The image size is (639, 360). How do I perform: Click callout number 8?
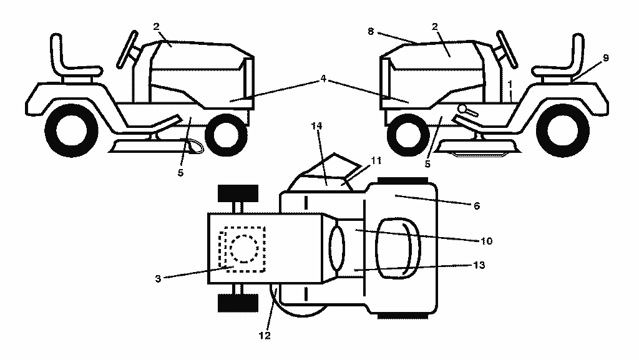click(371, 31)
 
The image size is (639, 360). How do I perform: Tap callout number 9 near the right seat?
click(605, 58)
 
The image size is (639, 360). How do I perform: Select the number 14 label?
click(316, 126)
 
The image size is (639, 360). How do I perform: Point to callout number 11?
click(376, 160)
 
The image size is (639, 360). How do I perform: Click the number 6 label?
click(477, 206)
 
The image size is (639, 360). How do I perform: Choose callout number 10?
click(487, 241)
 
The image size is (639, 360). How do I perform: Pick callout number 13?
click(479, 265)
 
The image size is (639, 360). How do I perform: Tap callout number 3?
click(158, 279)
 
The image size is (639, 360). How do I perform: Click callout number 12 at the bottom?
click(265, 336)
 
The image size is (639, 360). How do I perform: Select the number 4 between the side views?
click(323, 78)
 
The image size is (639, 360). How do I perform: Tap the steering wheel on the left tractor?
click(128, 49)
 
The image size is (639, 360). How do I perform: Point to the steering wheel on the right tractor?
click(507, 49)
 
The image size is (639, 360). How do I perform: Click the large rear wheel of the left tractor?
click(71, 131)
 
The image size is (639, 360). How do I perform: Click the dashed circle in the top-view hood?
click(244, 248)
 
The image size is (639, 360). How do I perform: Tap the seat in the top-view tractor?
click(398, 248)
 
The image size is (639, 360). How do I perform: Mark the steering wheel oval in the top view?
click(336, 248)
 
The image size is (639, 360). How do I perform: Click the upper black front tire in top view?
click(238, 193)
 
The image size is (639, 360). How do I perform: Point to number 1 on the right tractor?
click(509, 85)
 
